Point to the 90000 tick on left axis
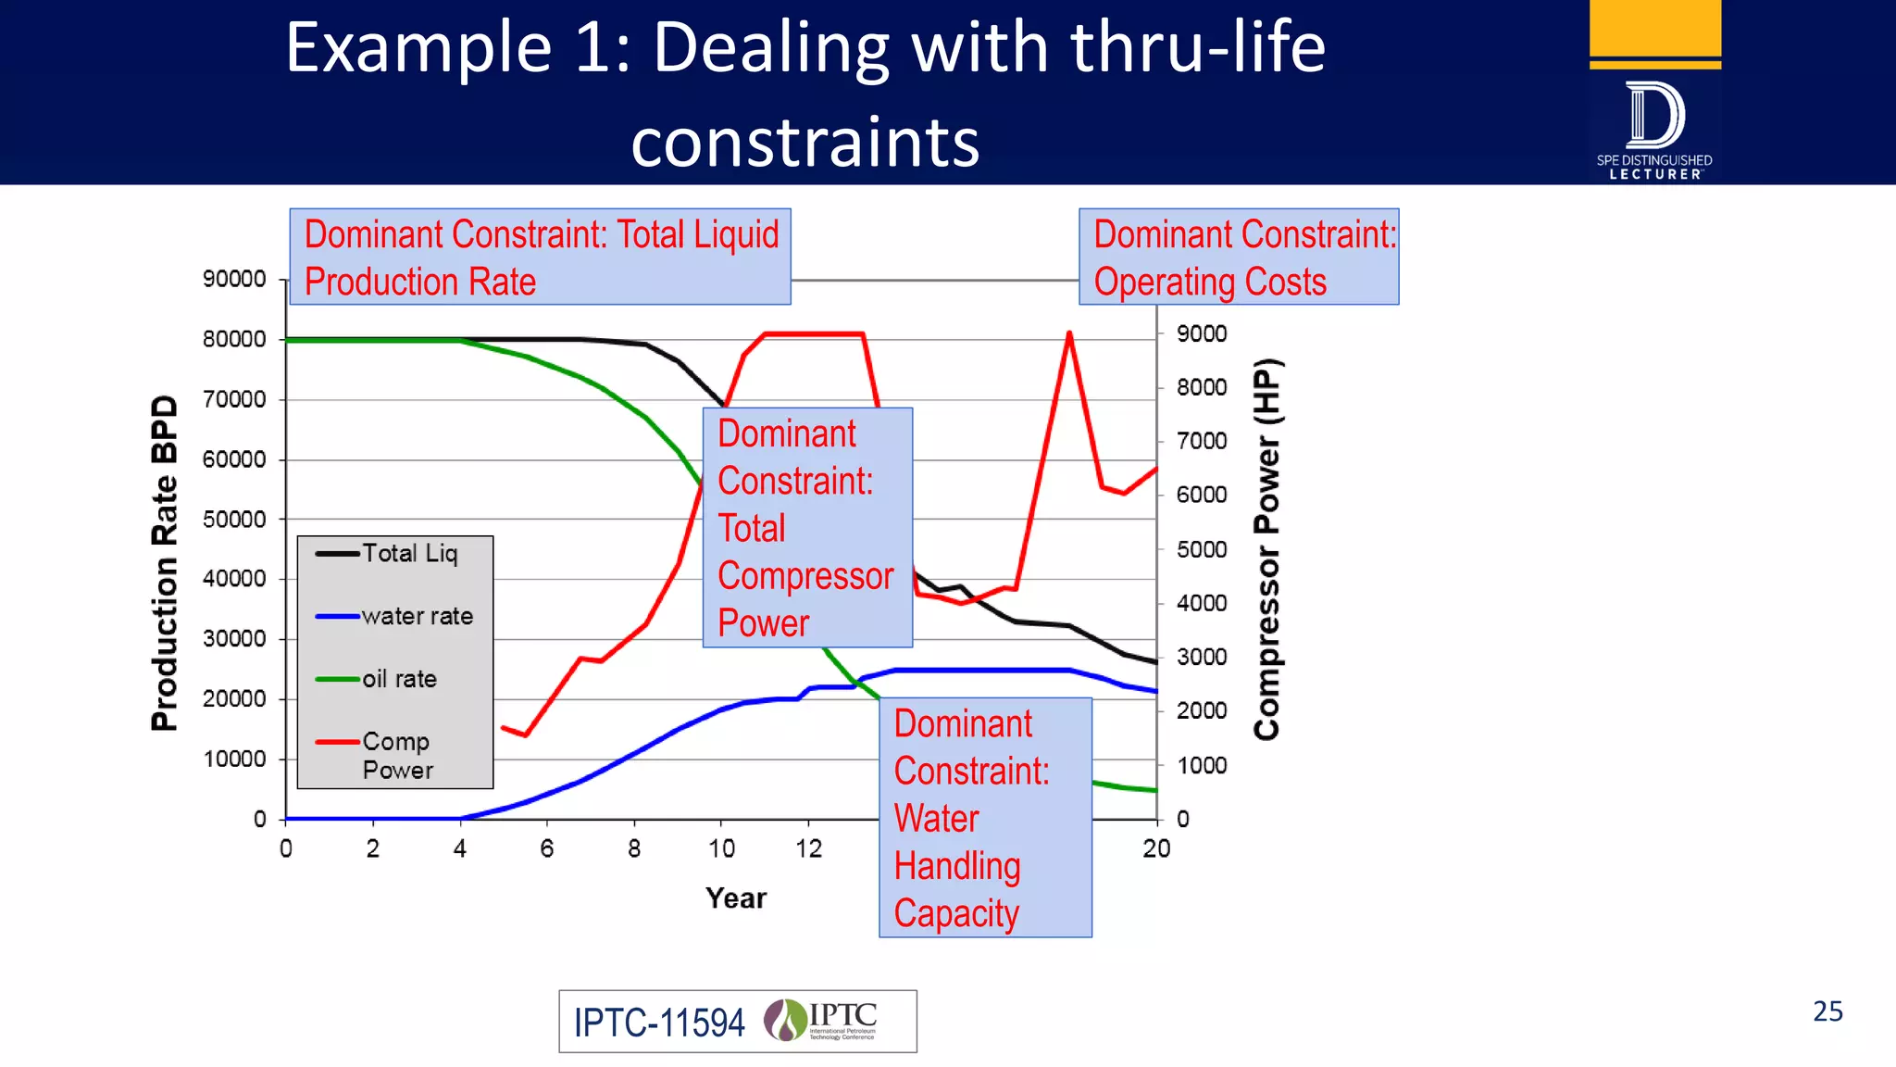(234, 280)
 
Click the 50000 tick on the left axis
(234, 520)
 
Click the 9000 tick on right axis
(1202, 334)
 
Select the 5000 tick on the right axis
(1202, 550)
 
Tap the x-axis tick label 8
(634, 849)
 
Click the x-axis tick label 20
(1156, 849)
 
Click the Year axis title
(736, 898)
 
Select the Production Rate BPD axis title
(164, 563)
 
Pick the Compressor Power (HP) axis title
(1266, 548)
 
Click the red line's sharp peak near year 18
(1069, 333)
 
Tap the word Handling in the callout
(957, 867)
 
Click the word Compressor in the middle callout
(805, 577)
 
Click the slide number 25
(1827, 1011)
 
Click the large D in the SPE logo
(1655, 116)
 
